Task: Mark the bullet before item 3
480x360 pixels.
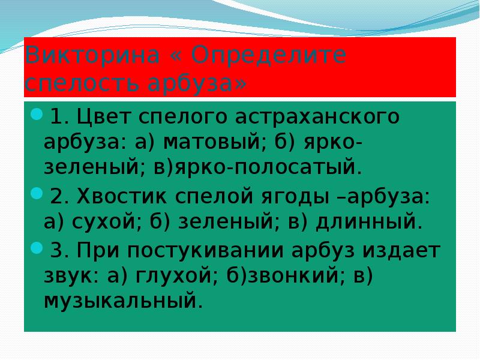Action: [36, 247]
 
